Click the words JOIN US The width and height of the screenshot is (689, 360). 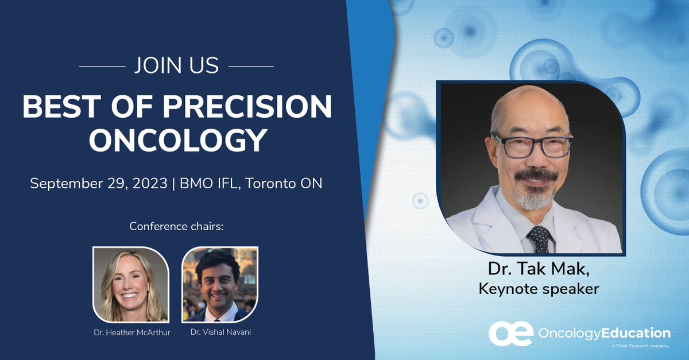pos(176,66)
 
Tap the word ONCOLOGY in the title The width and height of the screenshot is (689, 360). pos(178,140)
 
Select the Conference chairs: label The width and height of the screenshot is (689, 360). pos(176,226)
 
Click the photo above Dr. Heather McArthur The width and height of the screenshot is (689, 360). pos(131,284)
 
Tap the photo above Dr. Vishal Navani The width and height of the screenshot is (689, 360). pos(220,284)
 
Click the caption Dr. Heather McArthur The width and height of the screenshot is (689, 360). pos(131,332)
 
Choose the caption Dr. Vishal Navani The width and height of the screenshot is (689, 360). pos(220,332)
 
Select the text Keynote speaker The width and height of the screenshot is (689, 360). pos(539,288)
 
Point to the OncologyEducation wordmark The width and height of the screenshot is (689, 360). pos(605,333)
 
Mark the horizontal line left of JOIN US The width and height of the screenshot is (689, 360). pos(102,66)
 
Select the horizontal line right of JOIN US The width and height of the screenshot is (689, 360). pos(251,66)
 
